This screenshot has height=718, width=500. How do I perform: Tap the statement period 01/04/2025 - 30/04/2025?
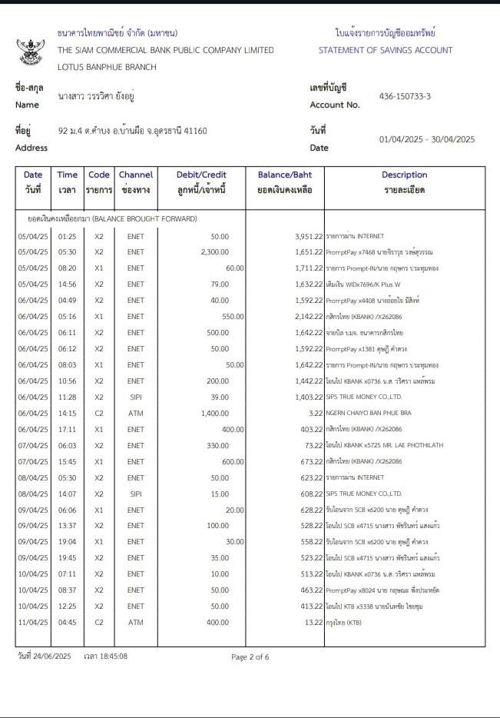tap(427, 139)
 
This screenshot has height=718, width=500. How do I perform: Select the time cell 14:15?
tap(67, 414)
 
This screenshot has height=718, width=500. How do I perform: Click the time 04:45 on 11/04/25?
tap(67, 622)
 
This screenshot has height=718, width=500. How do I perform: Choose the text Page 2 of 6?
tap(250, 657)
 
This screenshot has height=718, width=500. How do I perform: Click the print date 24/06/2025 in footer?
tap(53, 656)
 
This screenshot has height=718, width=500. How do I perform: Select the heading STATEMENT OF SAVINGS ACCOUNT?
tap(386, 51)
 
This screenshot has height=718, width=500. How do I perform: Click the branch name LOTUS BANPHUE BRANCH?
tap(107, 67)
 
